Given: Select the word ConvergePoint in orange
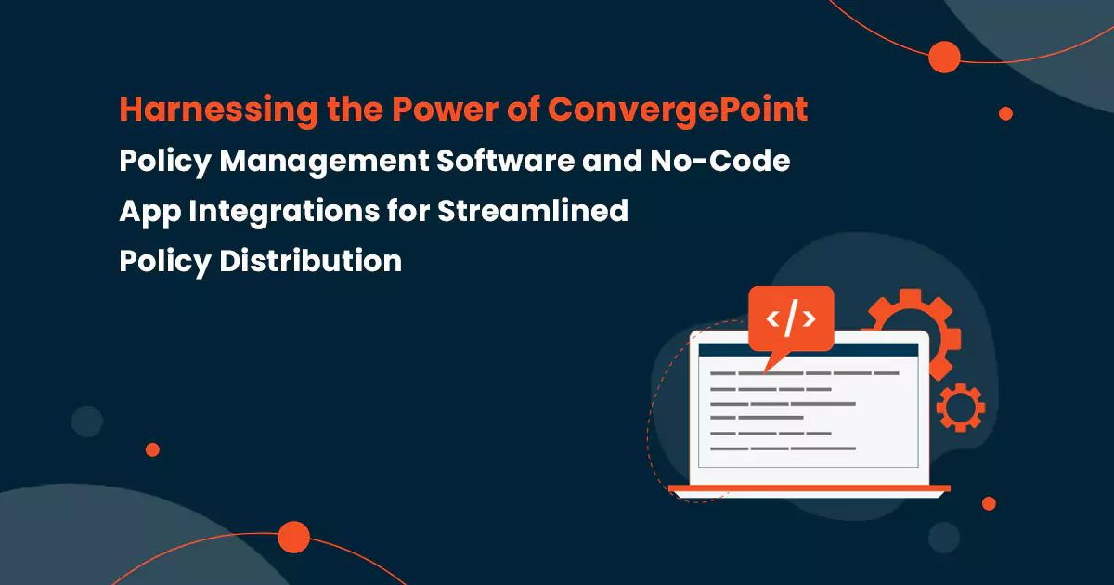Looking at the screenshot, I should click(678, 110).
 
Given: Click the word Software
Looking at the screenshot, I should click(506, 162).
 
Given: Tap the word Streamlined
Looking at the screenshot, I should click(533, 212).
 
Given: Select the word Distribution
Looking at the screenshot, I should click(310, 262).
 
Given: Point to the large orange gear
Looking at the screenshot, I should click(905, 320).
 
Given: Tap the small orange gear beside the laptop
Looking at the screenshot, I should click(960, 407).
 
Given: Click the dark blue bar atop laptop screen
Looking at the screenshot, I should click(808, 351).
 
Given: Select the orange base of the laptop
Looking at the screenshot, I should click(809, 488).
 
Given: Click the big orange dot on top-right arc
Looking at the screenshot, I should click(944, 58).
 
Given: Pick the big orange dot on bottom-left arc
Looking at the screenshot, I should click(293, 537).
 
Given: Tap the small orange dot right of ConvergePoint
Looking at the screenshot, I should click(1005, 113).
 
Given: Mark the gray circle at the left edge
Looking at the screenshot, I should click(87, 422).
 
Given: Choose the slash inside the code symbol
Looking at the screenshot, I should click(791, 318).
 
